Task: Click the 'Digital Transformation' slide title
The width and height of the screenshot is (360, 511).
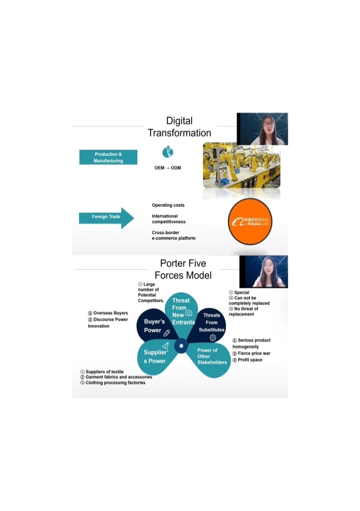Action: [179, 127]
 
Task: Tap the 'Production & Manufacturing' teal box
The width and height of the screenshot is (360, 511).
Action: [108, 157]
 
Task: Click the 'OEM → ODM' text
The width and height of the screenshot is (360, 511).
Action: [167, 168]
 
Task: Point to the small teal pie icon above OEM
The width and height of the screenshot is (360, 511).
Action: [167, 152]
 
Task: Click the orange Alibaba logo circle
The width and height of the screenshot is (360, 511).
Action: [250, 221]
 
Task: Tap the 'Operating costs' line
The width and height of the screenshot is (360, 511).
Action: [168, 205]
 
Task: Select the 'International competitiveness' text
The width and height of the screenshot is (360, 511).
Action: [168, 219]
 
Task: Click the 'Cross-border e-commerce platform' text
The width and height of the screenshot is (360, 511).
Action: [173, 235]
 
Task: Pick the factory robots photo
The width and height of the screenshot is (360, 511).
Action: [241, 165]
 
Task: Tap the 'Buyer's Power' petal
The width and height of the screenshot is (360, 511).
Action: [155, 326]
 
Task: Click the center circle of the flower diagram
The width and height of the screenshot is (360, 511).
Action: [181, 347]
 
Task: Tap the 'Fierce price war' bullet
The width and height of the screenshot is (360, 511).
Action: [254, 354]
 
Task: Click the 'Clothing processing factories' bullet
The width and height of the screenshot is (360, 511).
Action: [115, 383]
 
